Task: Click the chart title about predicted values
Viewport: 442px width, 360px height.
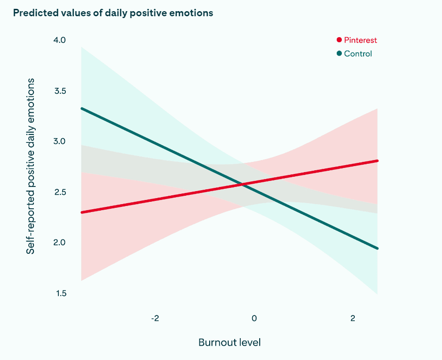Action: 113,13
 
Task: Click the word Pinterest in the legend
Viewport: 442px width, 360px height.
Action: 360,40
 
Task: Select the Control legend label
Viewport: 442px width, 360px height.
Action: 358,54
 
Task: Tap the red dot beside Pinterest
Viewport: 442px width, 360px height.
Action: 339,40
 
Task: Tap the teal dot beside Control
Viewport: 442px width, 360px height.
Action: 339,54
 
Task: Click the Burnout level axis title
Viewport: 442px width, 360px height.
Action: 229,343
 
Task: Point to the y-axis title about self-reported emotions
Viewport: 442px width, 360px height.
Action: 31,166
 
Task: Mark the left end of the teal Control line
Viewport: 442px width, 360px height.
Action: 82,108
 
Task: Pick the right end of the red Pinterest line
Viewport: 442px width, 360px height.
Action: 377,161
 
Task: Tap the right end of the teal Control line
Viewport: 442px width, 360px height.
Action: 377,248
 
